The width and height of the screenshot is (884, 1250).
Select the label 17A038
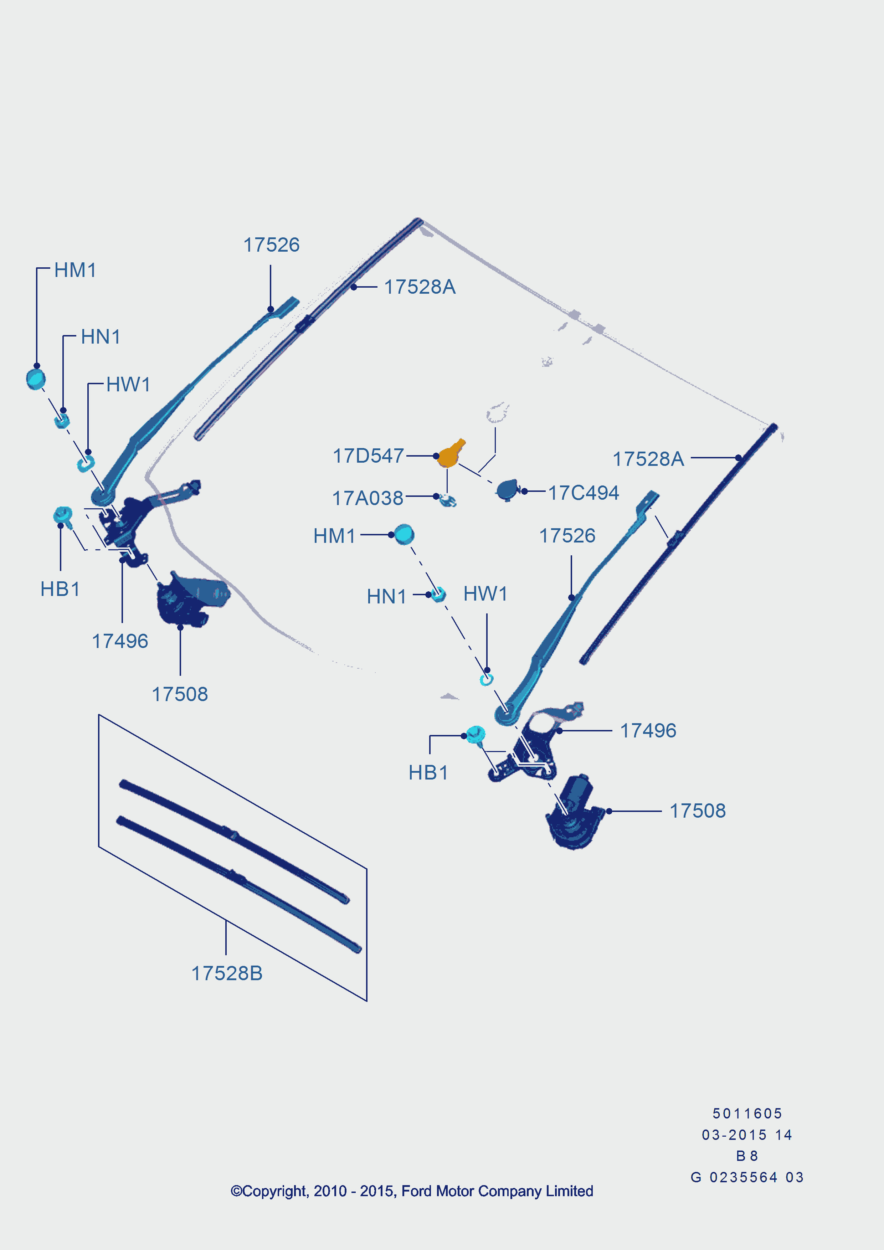click(368, 498)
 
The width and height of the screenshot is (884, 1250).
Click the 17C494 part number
click(583, 493)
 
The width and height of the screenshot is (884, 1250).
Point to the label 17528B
click(226, 973)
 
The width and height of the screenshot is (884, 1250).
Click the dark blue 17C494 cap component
click(507, 490)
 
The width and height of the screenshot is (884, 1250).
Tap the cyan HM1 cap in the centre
click(404, 535)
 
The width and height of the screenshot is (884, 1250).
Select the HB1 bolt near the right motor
click(476, 734)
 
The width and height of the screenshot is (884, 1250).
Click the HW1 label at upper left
click(128, 384)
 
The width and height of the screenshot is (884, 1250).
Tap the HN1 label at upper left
click(101, 337)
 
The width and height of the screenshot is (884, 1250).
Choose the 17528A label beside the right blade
click(648, 459)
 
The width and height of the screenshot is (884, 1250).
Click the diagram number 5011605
click(747, 1113)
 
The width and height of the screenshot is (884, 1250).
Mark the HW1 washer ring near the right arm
click(486, 679)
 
